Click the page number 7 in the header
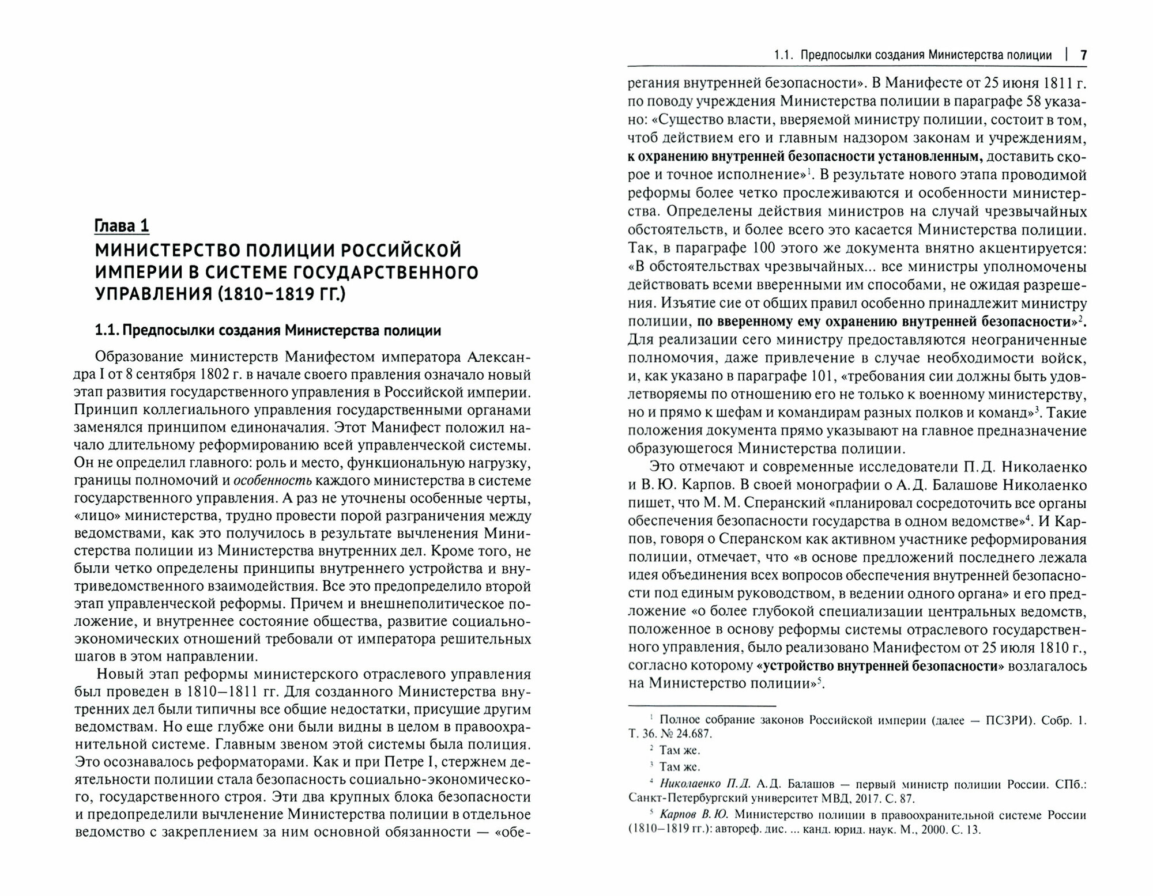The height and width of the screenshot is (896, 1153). tap(1083, 55)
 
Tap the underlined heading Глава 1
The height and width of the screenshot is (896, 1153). tap(122, 226)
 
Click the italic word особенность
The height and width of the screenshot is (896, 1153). tap(274, 481)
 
